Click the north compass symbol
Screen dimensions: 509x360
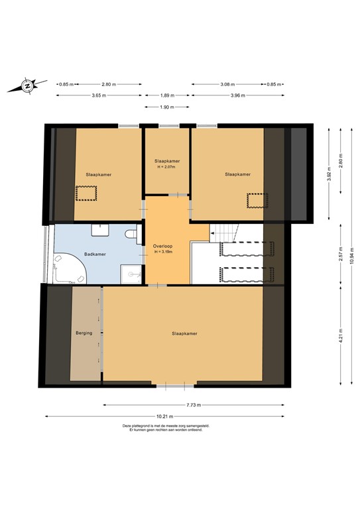pyautogui.click(x=27, y=85)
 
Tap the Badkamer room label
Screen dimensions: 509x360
pyautogui.click(x=95, y=253)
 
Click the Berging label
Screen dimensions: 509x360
pyautogui.click(x=84, y=333)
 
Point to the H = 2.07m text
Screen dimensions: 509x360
pyautogui.click(x=167, y=166)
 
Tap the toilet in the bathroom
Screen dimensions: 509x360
pyautogui.click(x=131, y=233)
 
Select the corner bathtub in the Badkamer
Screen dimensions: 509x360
pyautogui.click(x=69, y=269)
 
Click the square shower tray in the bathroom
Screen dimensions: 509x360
pyautogui.click(x=131, y=273)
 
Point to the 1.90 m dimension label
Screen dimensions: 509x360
pyautogui.click(x=166, y=107)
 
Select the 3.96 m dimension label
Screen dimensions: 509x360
pyautogui.click(x=237, y=95)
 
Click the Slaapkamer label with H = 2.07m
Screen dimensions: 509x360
pyautogui.click(x=167, y=161)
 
